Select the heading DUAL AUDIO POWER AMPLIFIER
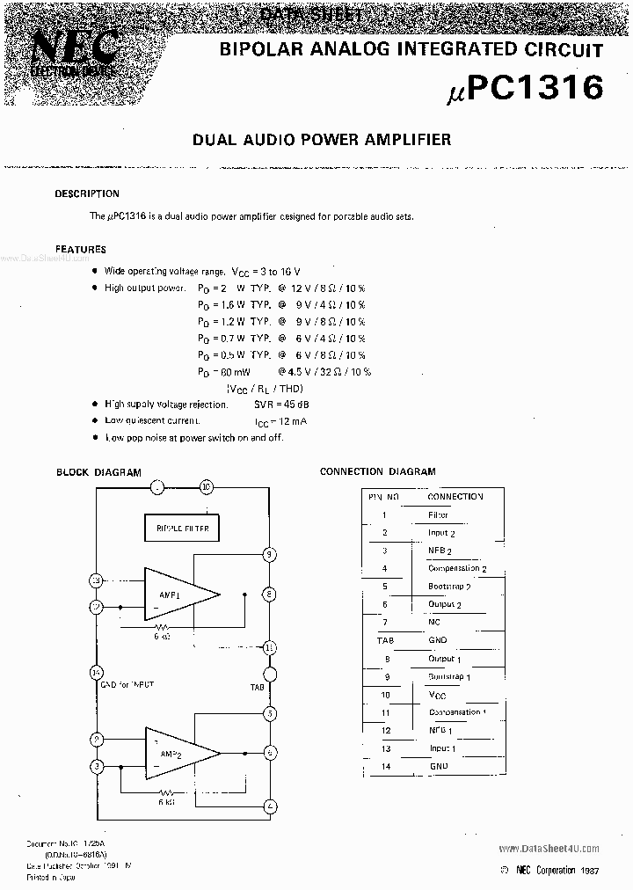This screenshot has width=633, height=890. pyautogui.click(x=321, y=139)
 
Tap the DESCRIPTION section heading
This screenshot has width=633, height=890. pyautogui.click(x=87, y=193)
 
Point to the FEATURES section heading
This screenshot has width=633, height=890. pyautogui.click(x=81, y=249)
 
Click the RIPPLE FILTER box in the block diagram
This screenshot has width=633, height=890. pyautogui.click(x=181, y=528)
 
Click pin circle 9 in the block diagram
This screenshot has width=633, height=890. pyautogui.click(x=270, y=554)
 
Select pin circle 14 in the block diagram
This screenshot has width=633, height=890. pyautogui.click(x=96, y=672)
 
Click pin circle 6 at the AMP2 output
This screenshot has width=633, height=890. pyautogui.click(x=270, y=752)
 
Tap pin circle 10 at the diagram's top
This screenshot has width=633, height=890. pyautogui.click(x=207, y=485)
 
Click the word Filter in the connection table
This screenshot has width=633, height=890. pyautogui.click(x=437, y=515)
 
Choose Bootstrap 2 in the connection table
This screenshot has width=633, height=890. pyautogui.click(x=449, y=587)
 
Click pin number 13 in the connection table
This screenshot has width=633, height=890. pyautogui.click(x=385, y=748)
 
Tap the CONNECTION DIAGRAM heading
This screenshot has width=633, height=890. pyautogui.click(x=377, y=471)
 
